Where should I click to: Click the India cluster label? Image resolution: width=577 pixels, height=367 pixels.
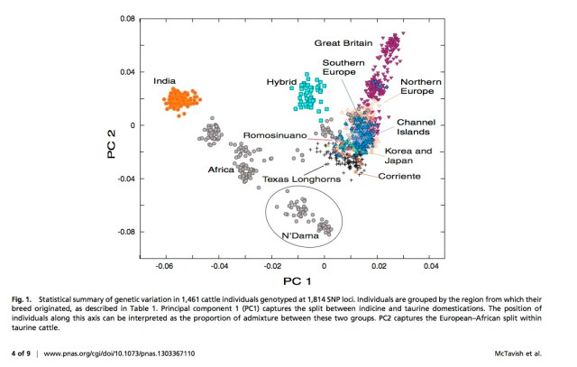coord(164,80)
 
